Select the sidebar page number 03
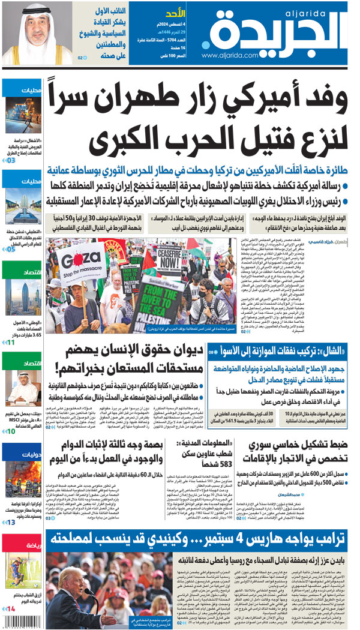(11, 160)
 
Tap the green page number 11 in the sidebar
(11, 342)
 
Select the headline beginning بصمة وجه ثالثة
(115, 452)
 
